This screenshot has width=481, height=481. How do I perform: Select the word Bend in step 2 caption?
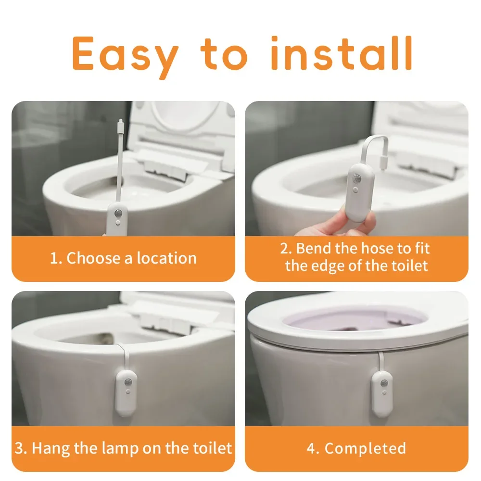point(313,249)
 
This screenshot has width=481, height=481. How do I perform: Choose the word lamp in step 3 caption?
point(114,448)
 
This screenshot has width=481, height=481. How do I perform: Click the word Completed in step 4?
point(365,448)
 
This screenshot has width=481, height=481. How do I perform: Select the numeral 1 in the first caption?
point(54,258)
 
